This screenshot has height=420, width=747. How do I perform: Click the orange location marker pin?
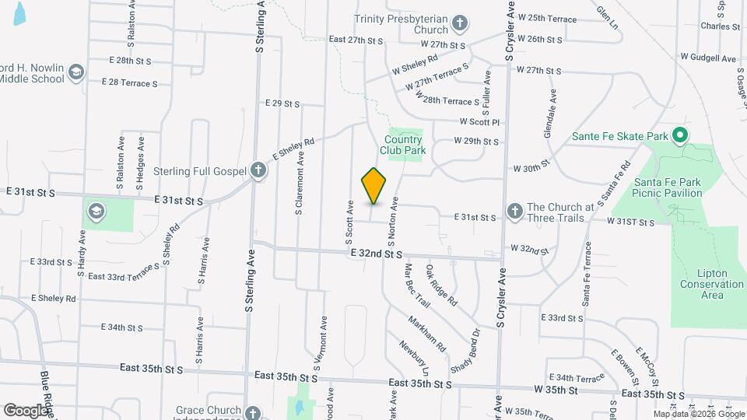(x=374, y=186)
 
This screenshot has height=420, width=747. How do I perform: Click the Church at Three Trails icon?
(x=514, y=211)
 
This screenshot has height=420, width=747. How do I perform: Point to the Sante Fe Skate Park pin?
(x=679, y=136)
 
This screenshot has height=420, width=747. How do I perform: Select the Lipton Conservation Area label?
(x=711, y=284)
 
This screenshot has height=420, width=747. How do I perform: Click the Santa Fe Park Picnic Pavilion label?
(x=667, y=187)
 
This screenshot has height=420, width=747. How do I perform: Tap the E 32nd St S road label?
(x=376, y=254)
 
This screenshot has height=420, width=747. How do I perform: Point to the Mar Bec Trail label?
(x=417, y=285)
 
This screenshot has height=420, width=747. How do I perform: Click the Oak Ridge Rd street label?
(x=441, y=285)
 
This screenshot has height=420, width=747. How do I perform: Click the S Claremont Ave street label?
(x=299, y=184)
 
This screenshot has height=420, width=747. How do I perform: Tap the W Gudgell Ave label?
(x=707, y=58)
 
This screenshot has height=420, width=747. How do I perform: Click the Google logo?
(x=26, y=410)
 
